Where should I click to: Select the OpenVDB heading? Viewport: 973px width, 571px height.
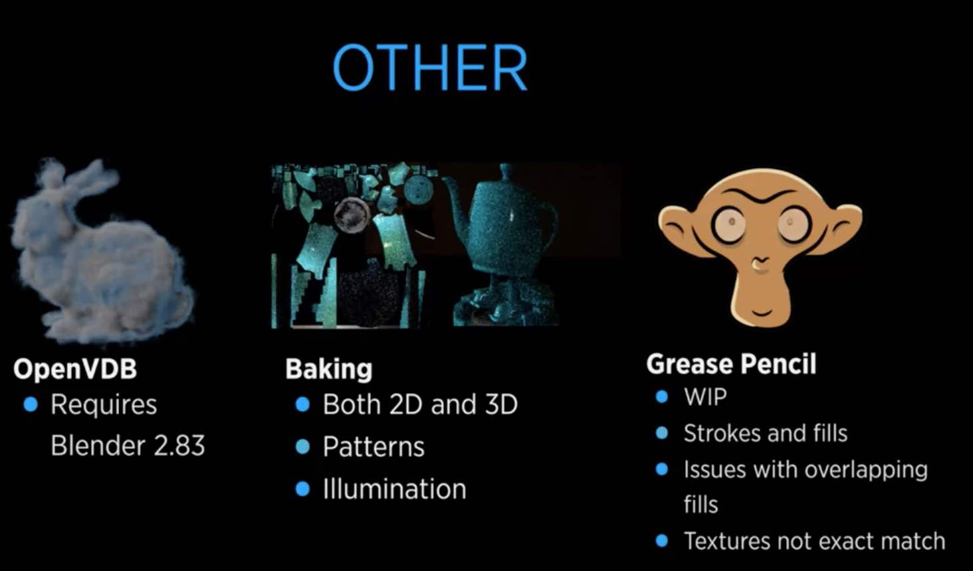75,368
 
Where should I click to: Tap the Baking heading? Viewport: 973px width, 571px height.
329,369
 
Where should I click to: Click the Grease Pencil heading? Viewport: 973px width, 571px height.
731,364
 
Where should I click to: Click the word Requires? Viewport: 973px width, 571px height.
104,405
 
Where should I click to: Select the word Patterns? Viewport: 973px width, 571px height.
374,446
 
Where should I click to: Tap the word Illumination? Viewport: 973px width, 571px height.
394,489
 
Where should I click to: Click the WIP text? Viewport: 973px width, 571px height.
705,396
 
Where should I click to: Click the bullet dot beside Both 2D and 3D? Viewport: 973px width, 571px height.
302,405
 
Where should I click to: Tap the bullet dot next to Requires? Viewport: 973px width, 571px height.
31,404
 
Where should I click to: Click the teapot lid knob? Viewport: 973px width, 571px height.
505,169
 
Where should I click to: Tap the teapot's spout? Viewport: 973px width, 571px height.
453,193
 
